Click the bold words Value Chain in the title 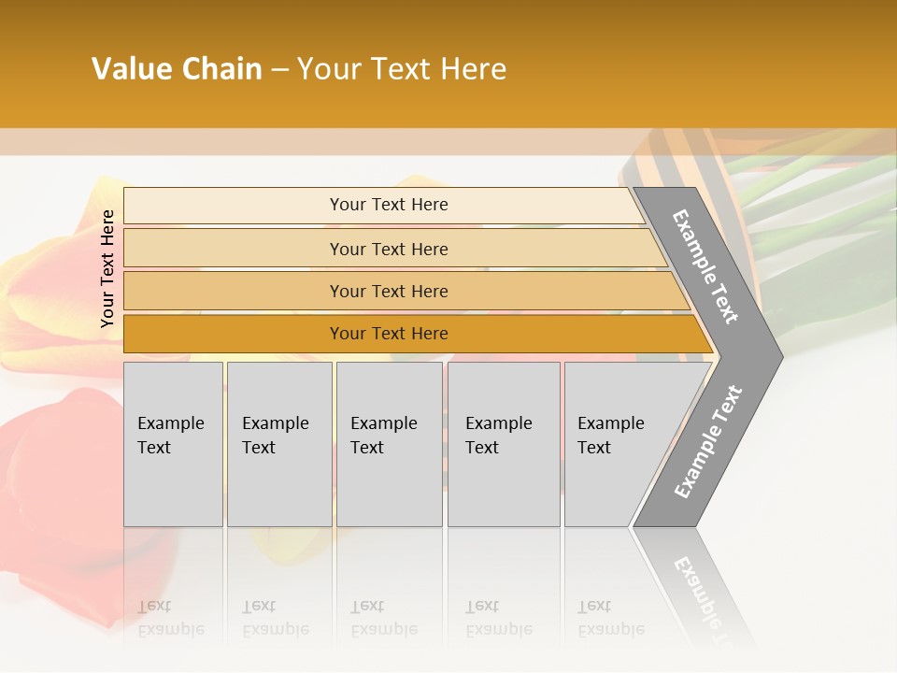click(x=177, y=69)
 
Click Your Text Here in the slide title click(x=401, y=69)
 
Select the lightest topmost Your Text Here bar click(x=388, y=205)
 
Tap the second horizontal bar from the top click(x=388, y=249)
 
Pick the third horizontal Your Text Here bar click(x=388, y=292)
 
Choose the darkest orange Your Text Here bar click(x=388, y=334)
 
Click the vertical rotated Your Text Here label click(x=107, y=268)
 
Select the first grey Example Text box click(x=173, y=444)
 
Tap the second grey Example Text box click(x=278, y=444)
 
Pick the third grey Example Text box click(x=389, y=444)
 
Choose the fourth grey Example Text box click(x=503, y=444)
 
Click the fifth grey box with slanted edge click(x=617, y=444)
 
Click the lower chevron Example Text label click(x=708, y=441)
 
